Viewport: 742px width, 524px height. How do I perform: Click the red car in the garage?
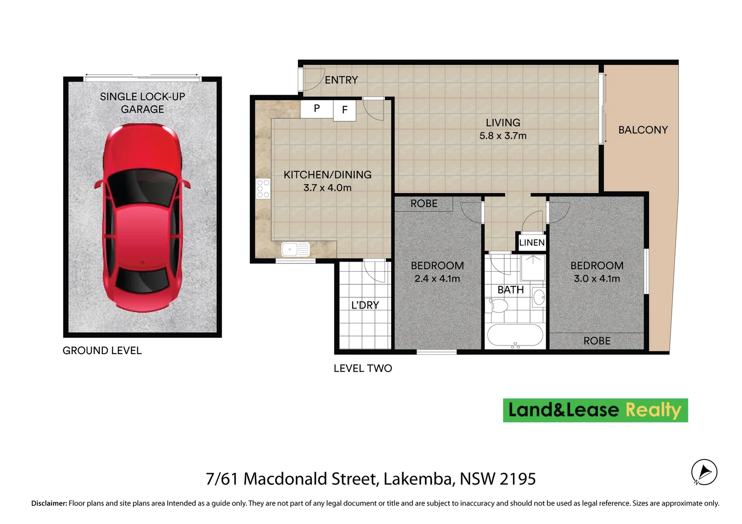pos(142,217)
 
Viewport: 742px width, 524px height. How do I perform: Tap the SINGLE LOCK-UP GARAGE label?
pos(142,103)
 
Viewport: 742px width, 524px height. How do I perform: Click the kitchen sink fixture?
pos(295,249)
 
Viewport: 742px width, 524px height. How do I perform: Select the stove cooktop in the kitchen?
pos(263,188)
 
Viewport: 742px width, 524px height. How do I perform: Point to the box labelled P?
pos(316,109)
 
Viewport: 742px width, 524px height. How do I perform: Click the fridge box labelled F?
pos(345,110)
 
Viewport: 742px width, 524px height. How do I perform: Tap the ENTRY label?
pos(341,80)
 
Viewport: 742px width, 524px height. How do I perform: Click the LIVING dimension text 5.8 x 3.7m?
pos(503,136)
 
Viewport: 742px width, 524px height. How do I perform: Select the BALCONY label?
pos(643,130)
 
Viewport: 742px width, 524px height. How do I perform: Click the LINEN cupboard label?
pos(532,243)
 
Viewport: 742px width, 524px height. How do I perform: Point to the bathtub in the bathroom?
pos(515,335)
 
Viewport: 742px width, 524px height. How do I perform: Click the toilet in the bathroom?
pos(498,305)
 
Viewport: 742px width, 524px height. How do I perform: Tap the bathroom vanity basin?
pos(538,297)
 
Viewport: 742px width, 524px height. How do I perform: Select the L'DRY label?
pos(365,305)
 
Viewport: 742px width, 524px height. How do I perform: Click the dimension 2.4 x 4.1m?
pos(437,279)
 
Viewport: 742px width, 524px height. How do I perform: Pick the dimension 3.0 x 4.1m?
pos(596,279)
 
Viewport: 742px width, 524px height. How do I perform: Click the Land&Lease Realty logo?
pos(595,410)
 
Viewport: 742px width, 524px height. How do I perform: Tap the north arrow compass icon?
pos(704,472)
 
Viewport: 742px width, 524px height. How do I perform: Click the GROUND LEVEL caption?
pos(102,351)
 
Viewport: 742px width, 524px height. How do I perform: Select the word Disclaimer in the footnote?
pos(49,504)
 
